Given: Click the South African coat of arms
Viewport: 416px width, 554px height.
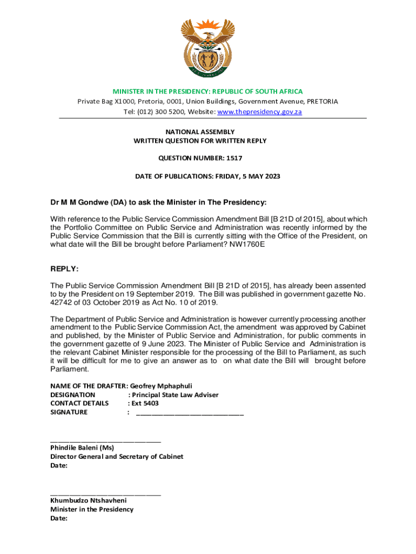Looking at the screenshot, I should [207, 48].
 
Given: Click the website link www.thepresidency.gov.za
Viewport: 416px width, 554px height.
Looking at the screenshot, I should [259, 112].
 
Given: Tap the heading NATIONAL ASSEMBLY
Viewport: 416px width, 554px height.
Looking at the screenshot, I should [207, 131].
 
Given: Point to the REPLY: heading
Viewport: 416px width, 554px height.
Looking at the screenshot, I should [64, 269].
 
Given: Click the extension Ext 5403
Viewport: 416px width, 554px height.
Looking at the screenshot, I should [143, 403].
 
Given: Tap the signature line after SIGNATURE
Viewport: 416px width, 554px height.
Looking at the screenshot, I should [190, 413].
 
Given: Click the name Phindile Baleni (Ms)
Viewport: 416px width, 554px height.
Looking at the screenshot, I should [82, 447].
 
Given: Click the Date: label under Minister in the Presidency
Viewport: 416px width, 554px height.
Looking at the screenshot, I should [59, 518].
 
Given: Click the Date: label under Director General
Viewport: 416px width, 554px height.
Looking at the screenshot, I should [59, 465].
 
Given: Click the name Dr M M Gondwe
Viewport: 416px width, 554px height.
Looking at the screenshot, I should [79, 202].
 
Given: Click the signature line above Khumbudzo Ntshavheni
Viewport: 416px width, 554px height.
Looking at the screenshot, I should [105, 493].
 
